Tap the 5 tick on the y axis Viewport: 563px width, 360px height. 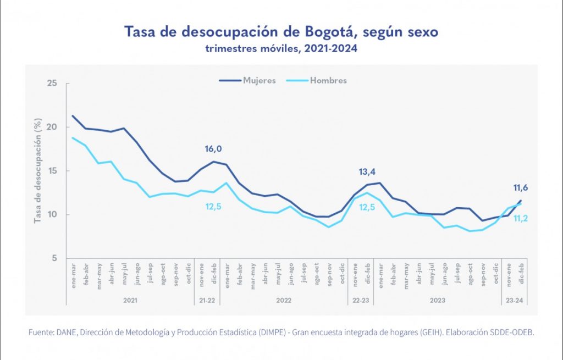[54, 258]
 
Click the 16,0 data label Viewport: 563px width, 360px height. [213, 148]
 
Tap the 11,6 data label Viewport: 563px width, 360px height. [520, 188]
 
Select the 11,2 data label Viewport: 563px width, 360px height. [520, 218]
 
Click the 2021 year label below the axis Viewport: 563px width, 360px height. [130, 301]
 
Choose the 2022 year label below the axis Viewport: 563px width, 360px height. [283, 301]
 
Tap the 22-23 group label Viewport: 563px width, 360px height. [360, 301]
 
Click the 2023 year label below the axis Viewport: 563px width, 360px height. [437, 301]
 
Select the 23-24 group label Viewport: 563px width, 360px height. [514, 301]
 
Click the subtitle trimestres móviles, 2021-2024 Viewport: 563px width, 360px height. [281, 49]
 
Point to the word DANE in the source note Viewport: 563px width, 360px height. [63, 333]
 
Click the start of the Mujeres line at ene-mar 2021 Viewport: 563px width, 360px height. [73, 115]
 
